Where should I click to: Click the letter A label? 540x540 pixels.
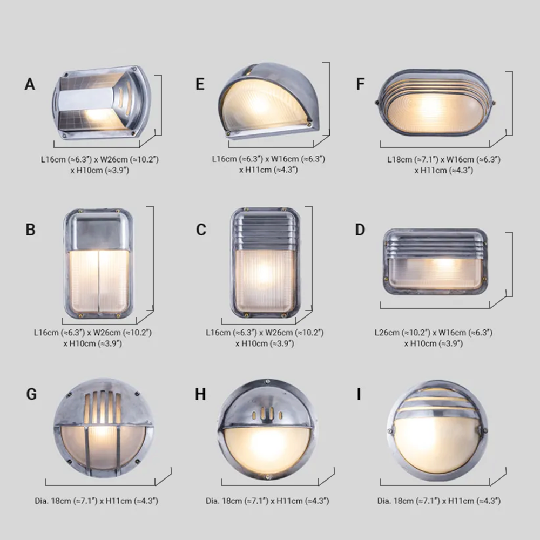tap(30, 85)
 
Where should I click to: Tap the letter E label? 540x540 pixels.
tap(200, 85)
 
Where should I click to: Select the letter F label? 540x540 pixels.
tap(361, 85)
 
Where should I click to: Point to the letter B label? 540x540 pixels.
tap(30, 230)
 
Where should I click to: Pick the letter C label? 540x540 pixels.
tap(201, 230)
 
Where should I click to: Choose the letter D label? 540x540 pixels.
tap(360, 230)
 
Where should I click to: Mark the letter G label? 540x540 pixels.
tap(31, 394)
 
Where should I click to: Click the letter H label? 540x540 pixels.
tap(200, 394)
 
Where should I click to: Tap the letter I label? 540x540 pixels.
tap(359, 394)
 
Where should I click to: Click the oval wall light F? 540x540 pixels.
tap(435, 102)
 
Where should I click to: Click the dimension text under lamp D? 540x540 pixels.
tap(433, 338)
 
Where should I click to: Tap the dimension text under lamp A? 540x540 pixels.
tap(99, 165)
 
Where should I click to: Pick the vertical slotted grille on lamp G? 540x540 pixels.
tap(103, 407)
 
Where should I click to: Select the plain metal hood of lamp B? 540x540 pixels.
tap(98, 231)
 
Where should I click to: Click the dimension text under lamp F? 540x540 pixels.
tap(443, 165)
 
